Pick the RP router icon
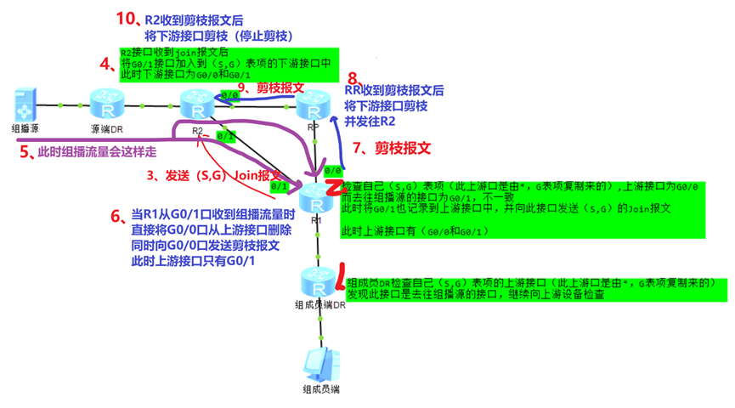(314, 106)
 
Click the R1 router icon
(317, 199)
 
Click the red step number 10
(125, 18)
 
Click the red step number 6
(116, 216)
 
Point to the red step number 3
(152, 177)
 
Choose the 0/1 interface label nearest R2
(225, 135)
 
